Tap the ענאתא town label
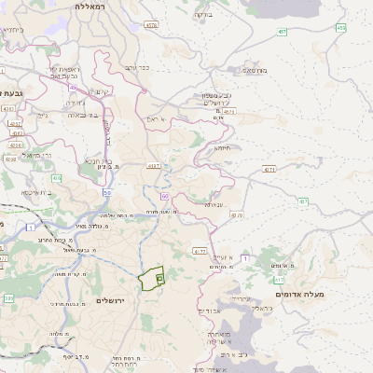[x=214, y=203]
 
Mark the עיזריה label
[x=213, y=299]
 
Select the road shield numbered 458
[x=341, y=28]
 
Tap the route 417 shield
[x=280, y=279]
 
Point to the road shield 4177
[x=199, y=251]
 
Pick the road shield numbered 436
[x=57, y=177]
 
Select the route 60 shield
[x=164, y=197]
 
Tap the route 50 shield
[x=108, y=192]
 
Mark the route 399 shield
[x=8, y=298]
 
